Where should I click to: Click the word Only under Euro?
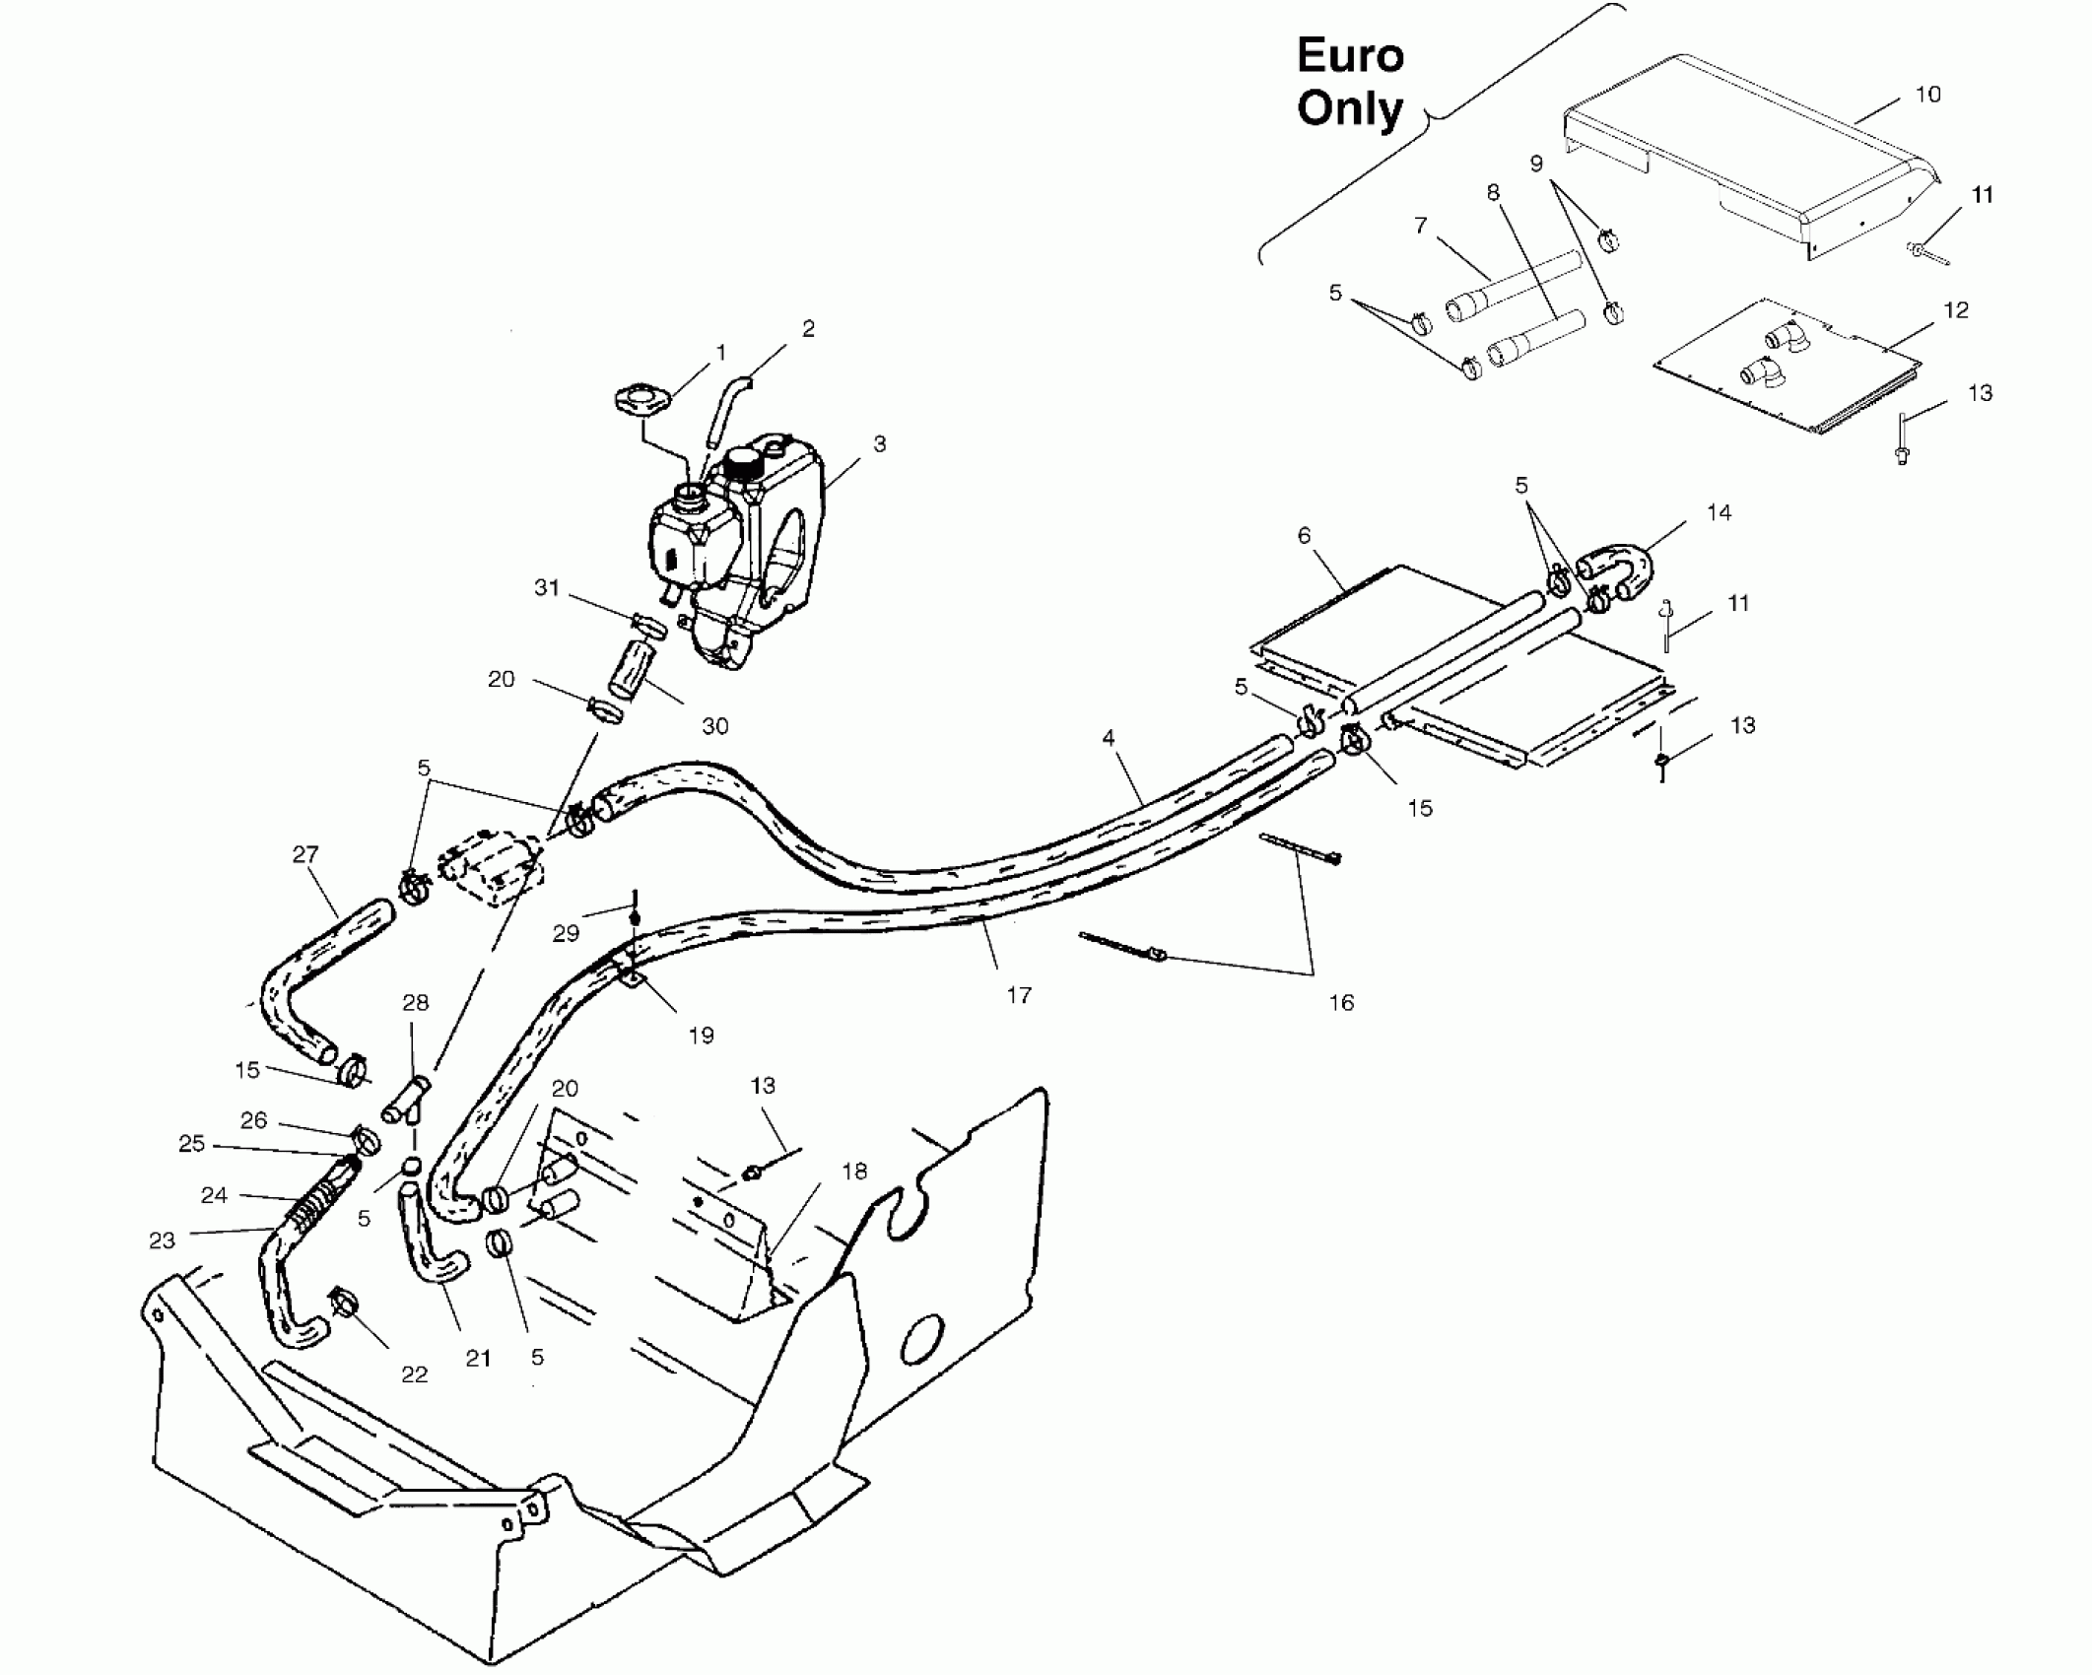click(x=1349, y=108)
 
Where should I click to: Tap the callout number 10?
click(x=1927, y=95)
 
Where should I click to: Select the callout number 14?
click(x=1719, y=512)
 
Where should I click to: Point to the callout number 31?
click(x=546, y=588)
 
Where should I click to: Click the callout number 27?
click(x=305, y=854)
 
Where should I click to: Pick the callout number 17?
click(x=1019, y=995)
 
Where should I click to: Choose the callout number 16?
click(x=1341, y=1002)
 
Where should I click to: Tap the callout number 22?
click(x=415, y=1374)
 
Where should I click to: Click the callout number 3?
click(x=879, y=444)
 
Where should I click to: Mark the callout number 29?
click(x=565, y=933)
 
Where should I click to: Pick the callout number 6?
click(x=1304, y=535)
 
